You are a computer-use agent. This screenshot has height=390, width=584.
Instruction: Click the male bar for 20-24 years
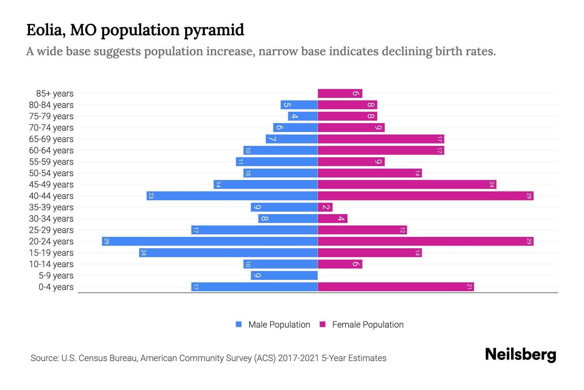210,241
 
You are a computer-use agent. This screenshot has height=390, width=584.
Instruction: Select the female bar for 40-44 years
425,196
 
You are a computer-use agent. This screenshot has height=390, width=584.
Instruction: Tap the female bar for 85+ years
340,93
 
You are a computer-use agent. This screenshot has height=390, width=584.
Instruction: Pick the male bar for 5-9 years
284,275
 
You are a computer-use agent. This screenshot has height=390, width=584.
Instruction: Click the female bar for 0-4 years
395,287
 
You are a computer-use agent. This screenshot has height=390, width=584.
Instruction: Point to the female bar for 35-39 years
325,207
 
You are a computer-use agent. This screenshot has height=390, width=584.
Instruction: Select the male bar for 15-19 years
228,253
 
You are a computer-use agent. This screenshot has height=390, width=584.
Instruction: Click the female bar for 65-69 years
381,139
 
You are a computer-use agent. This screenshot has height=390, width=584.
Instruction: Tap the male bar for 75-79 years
303,116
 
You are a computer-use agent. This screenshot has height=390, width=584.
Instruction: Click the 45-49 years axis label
51,185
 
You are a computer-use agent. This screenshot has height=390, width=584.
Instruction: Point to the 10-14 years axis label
51,264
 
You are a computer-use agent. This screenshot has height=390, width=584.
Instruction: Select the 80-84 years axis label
51,105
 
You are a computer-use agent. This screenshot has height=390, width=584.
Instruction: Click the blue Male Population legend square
239,324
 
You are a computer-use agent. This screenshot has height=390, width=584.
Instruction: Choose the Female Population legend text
368,325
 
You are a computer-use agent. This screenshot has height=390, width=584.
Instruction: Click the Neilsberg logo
520,355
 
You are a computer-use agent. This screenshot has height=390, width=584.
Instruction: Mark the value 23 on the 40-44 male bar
151,196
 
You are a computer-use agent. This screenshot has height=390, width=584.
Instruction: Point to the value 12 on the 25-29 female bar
402,230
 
